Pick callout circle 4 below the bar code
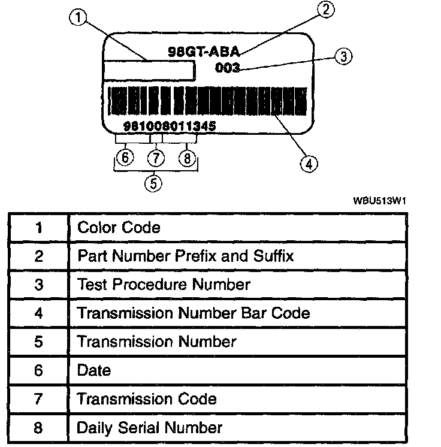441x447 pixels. (x=309, y=164)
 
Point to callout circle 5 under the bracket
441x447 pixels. (x=154, y=183)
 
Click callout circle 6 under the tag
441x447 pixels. (x=124, y=158)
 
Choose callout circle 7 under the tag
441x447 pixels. (x=156, y=158)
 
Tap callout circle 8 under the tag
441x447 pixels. (x=188, y=158)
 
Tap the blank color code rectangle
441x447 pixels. (x=150, y=70)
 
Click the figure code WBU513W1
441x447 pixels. (x=379, y=202)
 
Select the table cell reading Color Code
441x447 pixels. (x=119, y=228)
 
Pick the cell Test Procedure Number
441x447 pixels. (x=164, y=284)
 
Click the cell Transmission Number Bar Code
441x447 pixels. (x=193, y=313)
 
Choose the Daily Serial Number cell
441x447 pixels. (x=150, y=427)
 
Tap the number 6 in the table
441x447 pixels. (x=39, y=370)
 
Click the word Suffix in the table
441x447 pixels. (x=273, y=256)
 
